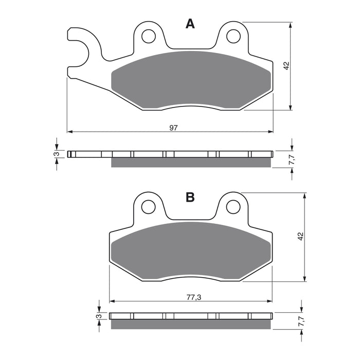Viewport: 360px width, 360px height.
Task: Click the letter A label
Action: (190, 24)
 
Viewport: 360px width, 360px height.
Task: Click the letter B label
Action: (190, 197)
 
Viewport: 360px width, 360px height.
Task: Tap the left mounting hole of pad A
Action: (149, 36)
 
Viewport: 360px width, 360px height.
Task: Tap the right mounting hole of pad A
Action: (233, 36)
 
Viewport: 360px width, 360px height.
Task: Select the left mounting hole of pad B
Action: (149, 207)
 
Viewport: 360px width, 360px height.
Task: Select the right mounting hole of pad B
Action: (233, 207)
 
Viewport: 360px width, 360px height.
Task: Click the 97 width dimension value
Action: (173, 128)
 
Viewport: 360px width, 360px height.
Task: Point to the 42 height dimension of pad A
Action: (286, 66)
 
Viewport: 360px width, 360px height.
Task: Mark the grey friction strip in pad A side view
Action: (190, 163)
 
